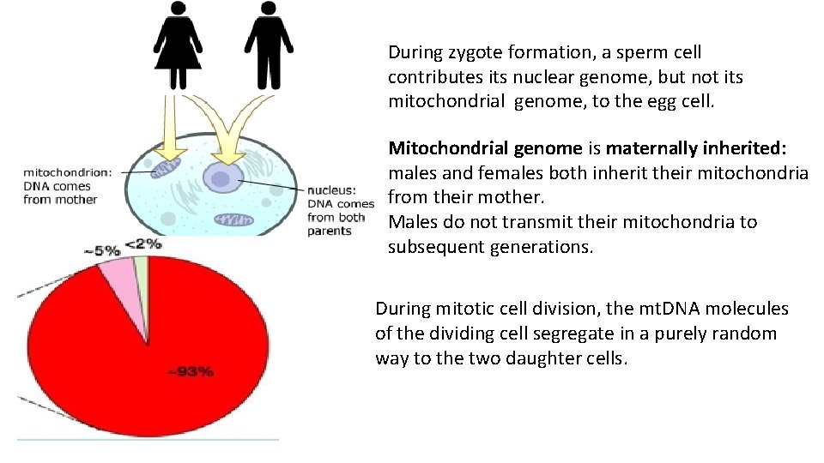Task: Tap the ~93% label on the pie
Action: [x=190, y=371]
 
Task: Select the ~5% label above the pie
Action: [x=101, y=250]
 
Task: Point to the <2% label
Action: [x=142, y=243]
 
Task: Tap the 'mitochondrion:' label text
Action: [x=67, y=171]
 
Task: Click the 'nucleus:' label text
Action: [x=330, y=190]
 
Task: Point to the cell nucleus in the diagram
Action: [x=221, y=178]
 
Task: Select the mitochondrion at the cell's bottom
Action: [x=232, y=220]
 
